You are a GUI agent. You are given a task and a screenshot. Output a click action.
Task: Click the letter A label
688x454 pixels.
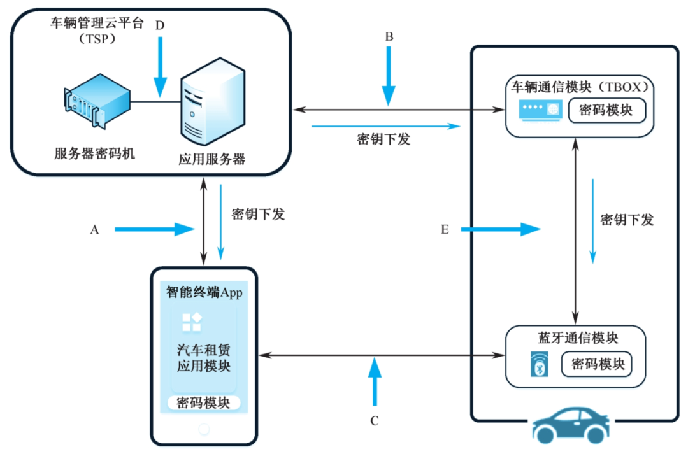95,231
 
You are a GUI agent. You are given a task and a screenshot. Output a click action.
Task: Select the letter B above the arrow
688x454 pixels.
389,38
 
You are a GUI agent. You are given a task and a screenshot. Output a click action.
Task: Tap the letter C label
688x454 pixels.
375,420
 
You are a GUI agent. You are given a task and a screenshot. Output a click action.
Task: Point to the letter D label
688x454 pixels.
160,26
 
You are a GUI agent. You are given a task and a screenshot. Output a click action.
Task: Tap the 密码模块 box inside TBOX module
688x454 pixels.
606,110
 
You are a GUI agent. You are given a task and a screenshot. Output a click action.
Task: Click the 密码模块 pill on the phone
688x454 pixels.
204,403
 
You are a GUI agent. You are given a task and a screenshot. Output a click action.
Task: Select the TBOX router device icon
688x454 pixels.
539,110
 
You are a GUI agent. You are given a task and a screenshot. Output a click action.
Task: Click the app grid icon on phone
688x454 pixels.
192,322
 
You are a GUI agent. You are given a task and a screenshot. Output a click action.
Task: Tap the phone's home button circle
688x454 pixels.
204,429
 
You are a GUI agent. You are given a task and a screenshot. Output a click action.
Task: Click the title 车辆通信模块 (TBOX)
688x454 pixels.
581,86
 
